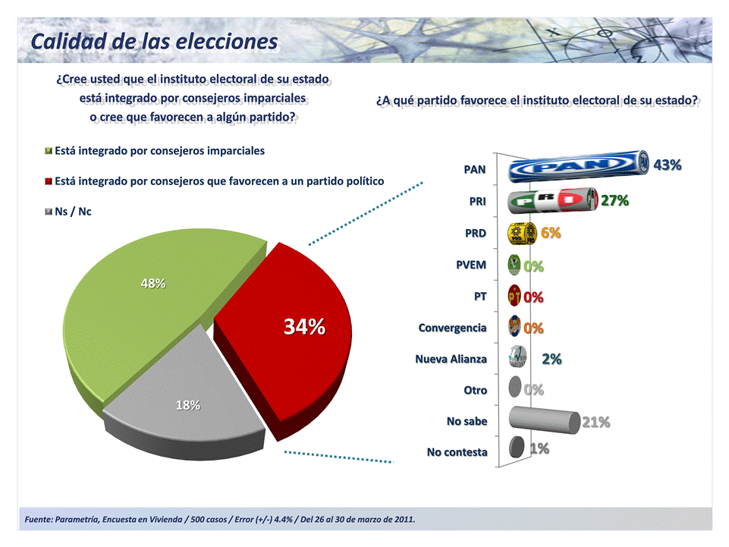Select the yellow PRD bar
pos(522,234)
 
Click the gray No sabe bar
pos(542,419)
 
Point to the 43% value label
pos(668,165)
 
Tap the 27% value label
pos(614,200)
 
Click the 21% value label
pos(595,422)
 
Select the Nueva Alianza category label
pos(451,359)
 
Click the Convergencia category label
pos(452,328)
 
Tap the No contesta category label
pos(457,451)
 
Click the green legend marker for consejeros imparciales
pos(49,151)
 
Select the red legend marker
pos(49,181)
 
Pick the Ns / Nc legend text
pos(74,211)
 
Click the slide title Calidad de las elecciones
pos(154,41)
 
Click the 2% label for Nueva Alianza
pos(551,359)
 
